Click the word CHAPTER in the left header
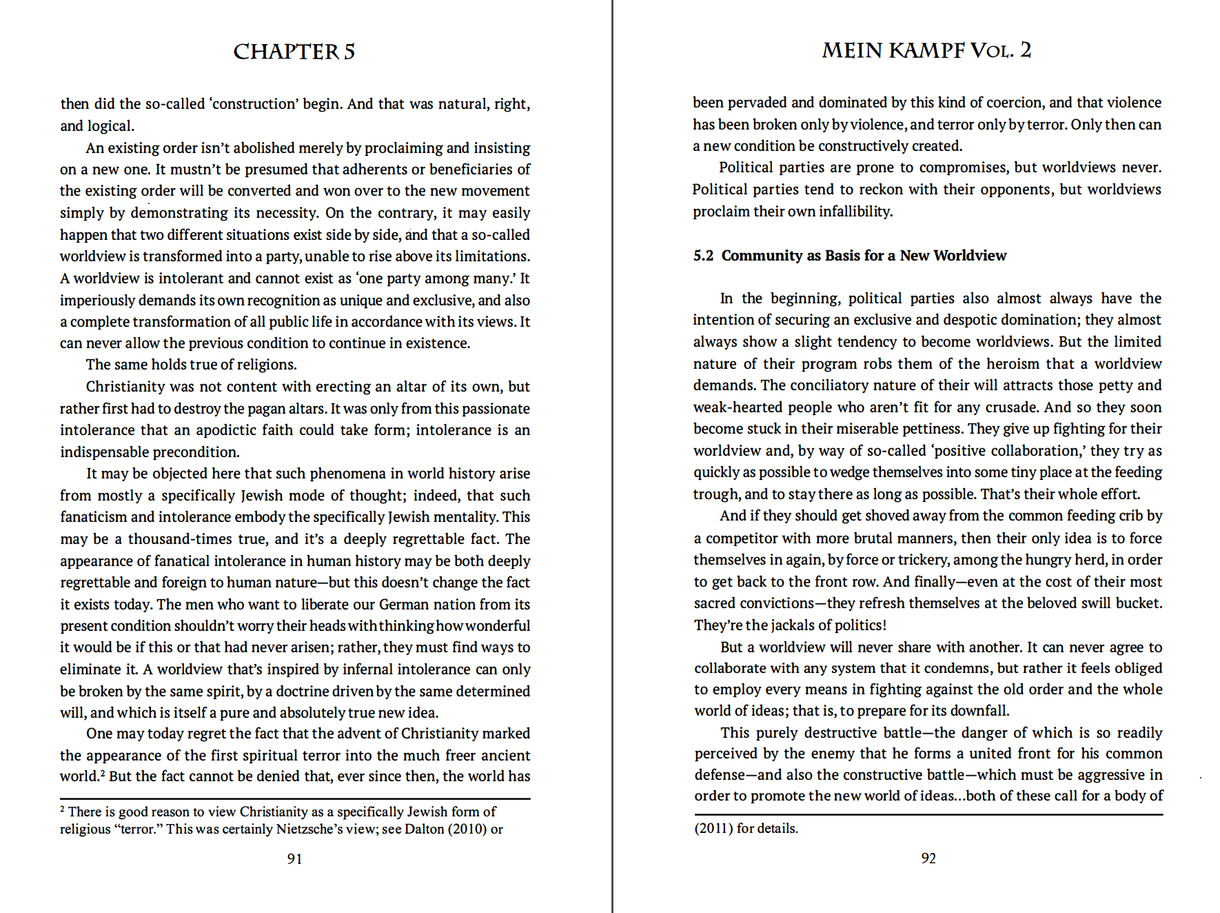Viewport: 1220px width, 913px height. (285, 52)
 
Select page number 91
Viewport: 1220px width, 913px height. (294, 859)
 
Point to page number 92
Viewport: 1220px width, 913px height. (928, 858)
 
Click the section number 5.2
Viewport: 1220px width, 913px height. (703, 256)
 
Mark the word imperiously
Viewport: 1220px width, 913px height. (97, 301)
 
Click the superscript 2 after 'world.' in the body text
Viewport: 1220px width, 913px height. (103, 772)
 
